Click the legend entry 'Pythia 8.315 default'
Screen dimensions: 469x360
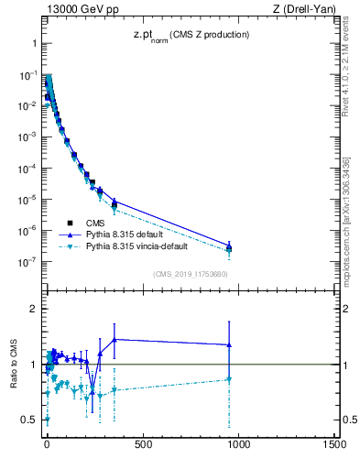pos(128,234)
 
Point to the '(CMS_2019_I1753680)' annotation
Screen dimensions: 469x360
pos(190,274)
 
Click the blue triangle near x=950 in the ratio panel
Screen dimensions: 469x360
pos(229,344)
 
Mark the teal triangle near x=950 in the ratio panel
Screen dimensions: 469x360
pos(229,379)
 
